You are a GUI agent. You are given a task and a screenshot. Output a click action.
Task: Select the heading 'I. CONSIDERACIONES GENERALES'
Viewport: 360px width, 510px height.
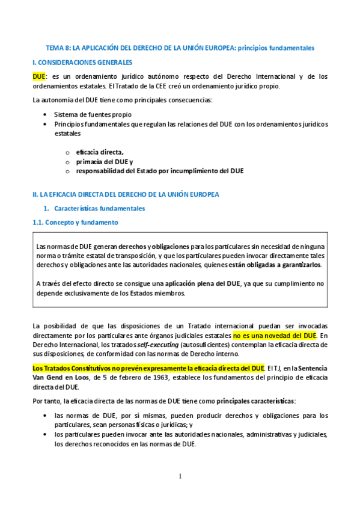point(82,62)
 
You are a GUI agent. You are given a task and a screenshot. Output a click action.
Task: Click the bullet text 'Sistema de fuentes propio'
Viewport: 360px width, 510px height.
point(93,114)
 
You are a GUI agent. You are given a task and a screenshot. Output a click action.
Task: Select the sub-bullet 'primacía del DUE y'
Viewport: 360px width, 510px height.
point(105,162)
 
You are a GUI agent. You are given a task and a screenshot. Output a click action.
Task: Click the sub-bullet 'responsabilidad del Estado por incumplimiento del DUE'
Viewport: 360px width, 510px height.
point(159,171)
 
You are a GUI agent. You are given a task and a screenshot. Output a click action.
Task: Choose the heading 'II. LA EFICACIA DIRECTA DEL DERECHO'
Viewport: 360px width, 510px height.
point(126,194)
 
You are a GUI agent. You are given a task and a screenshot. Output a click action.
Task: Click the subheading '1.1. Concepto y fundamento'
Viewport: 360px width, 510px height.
point(75,223)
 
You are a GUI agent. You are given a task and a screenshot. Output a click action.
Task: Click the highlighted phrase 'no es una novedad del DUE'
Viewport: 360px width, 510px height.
point(275,335)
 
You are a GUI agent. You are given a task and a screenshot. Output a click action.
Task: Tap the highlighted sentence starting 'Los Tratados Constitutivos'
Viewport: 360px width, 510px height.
point(148,367)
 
